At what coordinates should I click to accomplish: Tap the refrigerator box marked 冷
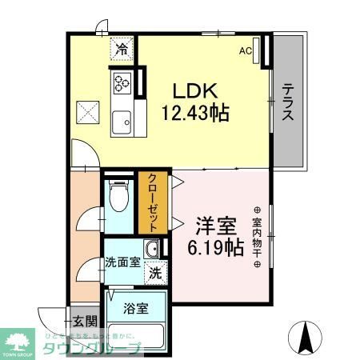click(x=122, y=50)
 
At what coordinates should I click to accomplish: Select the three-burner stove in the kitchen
click(x=122, y=82)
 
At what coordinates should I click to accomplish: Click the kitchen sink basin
click(x=122, y=122)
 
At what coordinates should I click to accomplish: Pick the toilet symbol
click(x=118, y=195)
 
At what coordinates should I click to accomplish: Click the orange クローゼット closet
click(x=152, y=203)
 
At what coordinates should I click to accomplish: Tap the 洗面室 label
click(x=122, y=262)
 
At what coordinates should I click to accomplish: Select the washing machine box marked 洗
click(x=156, y=272)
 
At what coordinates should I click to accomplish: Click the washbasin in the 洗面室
click(x=151, y=248)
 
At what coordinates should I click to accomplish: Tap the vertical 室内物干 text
click(x=258, y=232)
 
